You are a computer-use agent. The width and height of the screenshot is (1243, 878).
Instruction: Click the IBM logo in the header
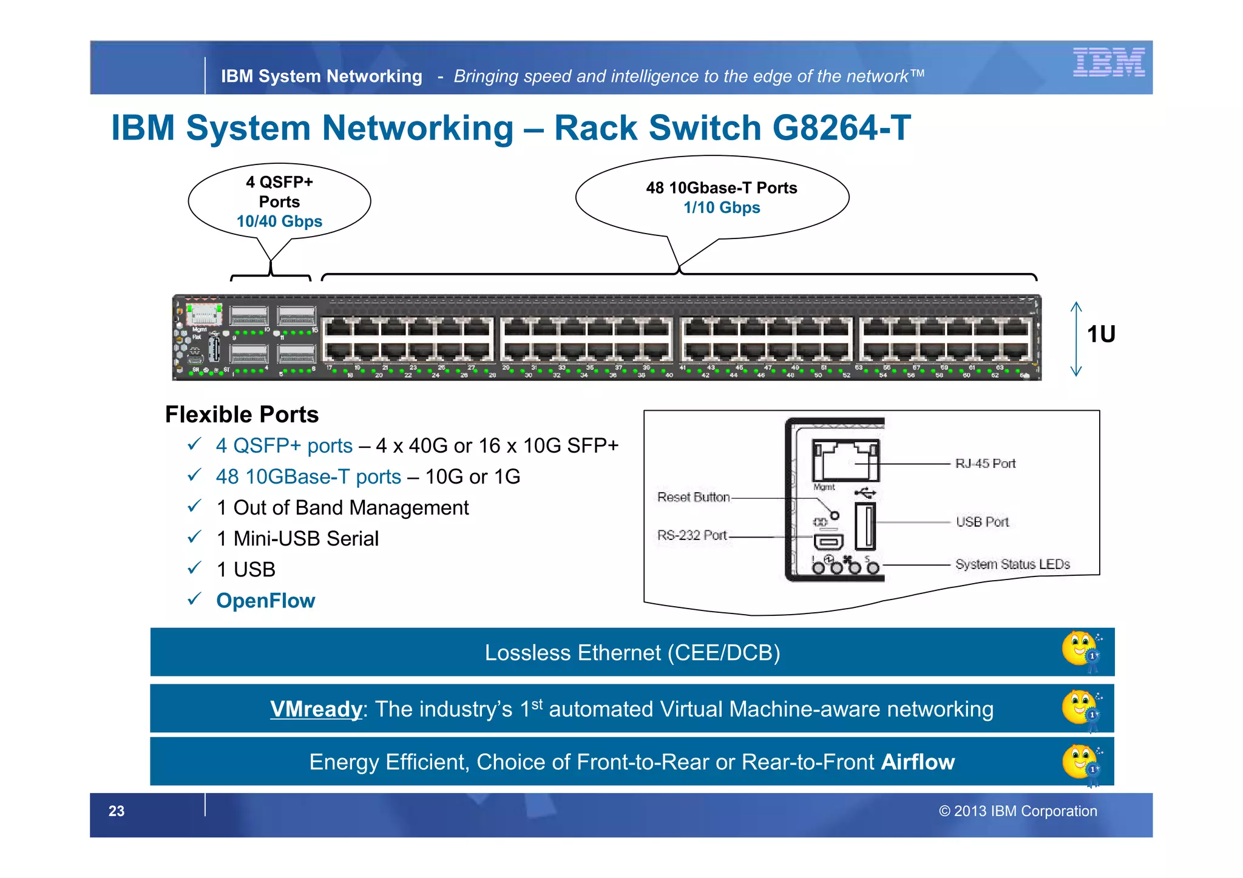[x=1108, y=62]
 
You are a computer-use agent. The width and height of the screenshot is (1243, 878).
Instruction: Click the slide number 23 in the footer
[x=117, y=811]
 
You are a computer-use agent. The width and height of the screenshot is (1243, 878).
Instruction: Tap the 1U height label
[x=1100, y=334]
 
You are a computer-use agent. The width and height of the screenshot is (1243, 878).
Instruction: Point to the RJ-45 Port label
[x=985, y=464]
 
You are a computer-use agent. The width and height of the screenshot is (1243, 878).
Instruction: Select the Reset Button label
[x=693, y=498]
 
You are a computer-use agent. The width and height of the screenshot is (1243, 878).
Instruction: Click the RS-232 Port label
[x=692, y=535]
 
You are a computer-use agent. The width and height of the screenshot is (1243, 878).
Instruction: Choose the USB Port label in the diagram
[x=982, y=522]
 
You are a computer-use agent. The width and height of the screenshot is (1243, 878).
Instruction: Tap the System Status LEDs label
[x=1012, y=564]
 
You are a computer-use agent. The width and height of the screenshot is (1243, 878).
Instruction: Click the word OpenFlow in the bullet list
[x=266, y=601]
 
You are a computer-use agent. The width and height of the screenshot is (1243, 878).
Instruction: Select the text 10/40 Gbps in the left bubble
[x=279, y=221]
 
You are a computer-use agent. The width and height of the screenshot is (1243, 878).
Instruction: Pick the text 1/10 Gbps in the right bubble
[x=722, y=208]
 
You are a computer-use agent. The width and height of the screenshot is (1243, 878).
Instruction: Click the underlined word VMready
[x=316, y=709]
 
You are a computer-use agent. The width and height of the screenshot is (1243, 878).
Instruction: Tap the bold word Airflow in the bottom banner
[x=918, y=762]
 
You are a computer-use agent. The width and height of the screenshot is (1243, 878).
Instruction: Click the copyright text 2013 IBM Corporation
[x=1018, y=811]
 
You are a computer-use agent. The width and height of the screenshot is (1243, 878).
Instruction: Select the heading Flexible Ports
[x=242, y=414]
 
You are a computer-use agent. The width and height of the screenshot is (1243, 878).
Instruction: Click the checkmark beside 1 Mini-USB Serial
[x=194, y=538]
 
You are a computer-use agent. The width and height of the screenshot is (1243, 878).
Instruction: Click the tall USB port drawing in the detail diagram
[x=865, y=526]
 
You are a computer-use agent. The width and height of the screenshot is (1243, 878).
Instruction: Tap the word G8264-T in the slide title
[x=841, y=128]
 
